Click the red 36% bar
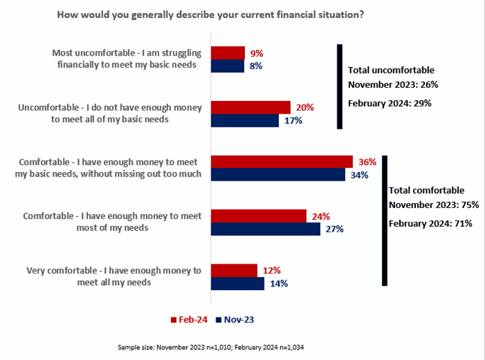281,162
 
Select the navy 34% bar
277,175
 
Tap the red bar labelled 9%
227,53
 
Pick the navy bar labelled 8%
226,66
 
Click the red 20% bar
249,107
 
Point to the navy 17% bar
244,120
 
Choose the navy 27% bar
264,229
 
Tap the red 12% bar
233,270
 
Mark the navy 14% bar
237,283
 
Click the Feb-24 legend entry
190,318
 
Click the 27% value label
334,229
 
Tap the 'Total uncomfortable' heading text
391,71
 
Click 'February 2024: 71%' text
430,223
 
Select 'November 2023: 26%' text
393,85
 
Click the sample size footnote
242,347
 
